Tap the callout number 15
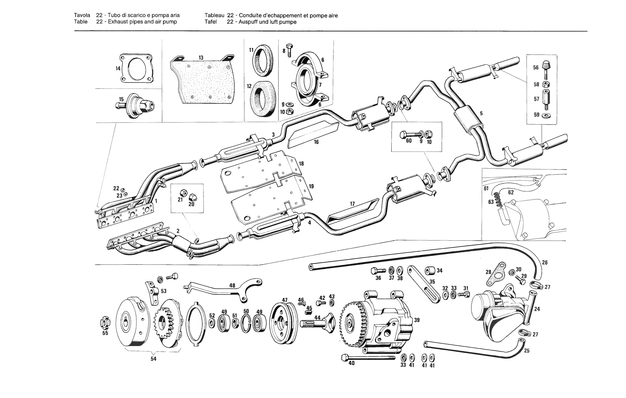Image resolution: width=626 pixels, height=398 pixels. (x=121, y=99)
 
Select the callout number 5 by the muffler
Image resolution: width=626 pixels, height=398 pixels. (x=481, y=113)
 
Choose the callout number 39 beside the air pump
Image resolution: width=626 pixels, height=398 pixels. (x=417, y=320)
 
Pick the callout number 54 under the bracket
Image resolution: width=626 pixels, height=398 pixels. (x=153, y=359)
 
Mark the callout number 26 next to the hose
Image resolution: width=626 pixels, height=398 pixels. (x=545, y=263)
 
